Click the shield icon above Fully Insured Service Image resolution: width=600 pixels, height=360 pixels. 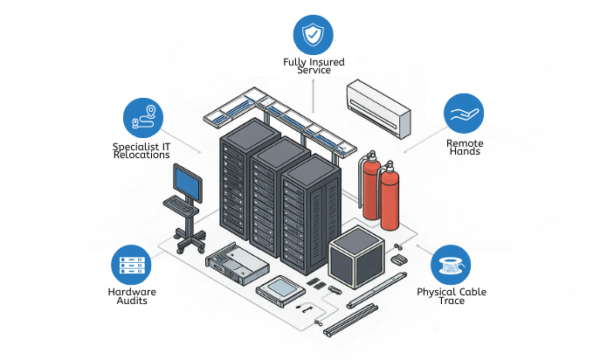(312, 35)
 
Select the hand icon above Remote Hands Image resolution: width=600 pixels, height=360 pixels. (464, 114)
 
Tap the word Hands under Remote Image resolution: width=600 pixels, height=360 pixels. (464, 152)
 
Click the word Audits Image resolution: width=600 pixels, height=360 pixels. (133, 301)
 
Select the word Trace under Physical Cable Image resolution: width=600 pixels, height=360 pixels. (451, 301)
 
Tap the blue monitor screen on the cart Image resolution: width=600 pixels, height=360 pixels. (187, 181)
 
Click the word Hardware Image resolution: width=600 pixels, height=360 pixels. (132, 292)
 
